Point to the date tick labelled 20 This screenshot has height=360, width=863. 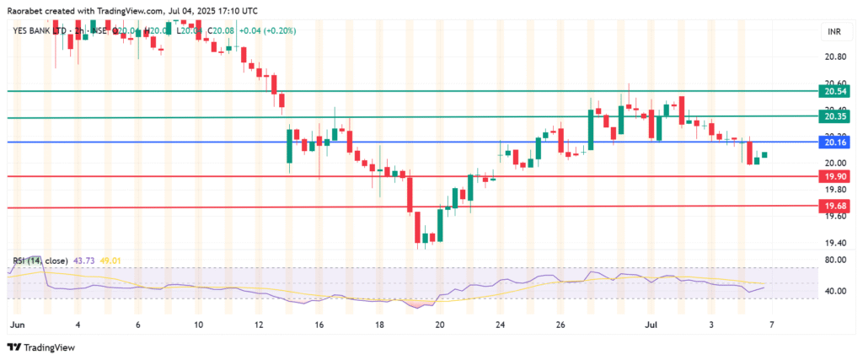[x=439, y=324]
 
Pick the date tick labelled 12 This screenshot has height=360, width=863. [x=259, y=324]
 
